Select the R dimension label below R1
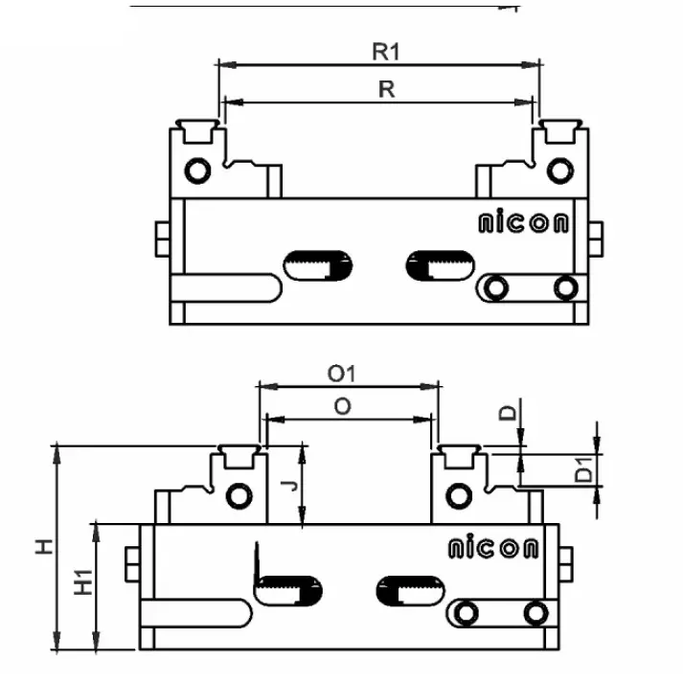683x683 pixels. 386,88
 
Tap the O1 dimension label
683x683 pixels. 342,373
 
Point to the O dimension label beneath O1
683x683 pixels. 342,406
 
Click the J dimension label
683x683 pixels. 293,487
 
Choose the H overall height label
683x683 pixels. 44,547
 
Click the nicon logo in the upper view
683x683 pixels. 523,224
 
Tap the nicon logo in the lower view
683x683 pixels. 493,548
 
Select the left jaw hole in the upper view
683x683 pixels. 197,171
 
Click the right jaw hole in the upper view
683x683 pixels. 557,171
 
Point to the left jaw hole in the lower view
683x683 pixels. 237,495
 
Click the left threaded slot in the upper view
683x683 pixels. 319,263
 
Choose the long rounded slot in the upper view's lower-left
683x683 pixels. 226,286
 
